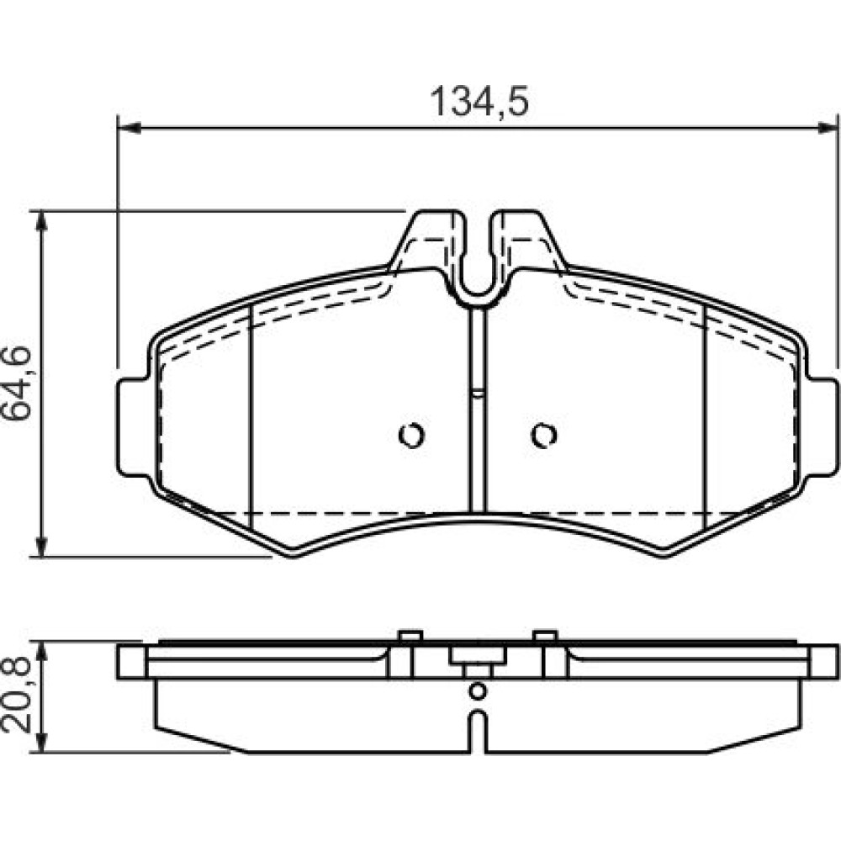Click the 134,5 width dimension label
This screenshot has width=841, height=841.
point(479,102)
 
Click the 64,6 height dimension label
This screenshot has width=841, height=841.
point(17,383)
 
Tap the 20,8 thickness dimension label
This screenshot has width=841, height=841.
point(17,696)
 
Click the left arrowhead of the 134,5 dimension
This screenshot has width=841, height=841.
point(129,128)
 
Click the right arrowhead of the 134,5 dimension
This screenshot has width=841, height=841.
point(826,128)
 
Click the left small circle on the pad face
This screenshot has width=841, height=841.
point(411,435)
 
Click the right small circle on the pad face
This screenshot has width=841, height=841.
point(544,435)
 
